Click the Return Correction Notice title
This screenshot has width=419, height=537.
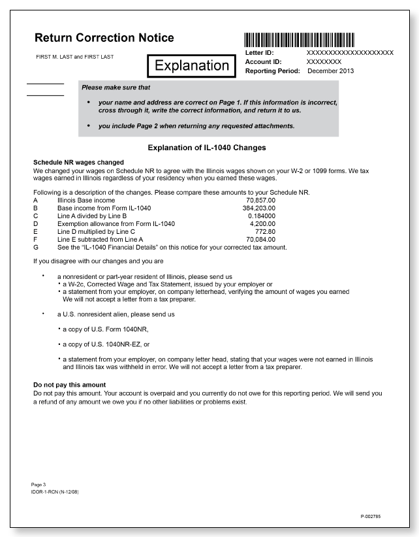104,38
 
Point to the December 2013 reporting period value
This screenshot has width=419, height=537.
330,71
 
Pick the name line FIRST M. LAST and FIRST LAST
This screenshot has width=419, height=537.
74,57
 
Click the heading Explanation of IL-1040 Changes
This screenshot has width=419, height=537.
207,148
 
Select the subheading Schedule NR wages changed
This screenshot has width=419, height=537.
78,162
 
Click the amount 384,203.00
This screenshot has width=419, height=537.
259,207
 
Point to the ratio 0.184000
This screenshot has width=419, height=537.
262,215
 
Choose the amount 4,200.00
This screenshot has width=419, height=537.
263,223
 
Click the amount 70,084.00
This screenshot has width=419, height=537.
260,240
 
